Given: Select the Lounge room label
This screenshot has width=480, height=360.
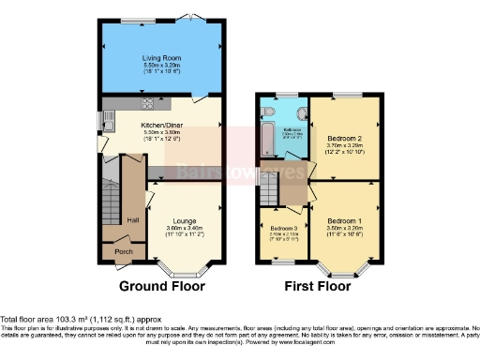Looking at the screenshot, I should click(184, 220).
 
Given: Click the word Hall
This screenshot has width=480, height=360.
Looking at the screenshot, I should click(133, 219).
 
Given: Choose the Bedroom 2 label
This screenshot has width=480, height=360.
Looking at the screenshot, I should click(342, 135).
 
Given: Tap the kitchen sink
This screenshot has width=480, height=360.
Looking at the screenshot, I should click(108, 122).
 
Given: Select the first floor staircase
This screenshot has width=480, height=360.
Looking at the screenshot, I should click(270, 193).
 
